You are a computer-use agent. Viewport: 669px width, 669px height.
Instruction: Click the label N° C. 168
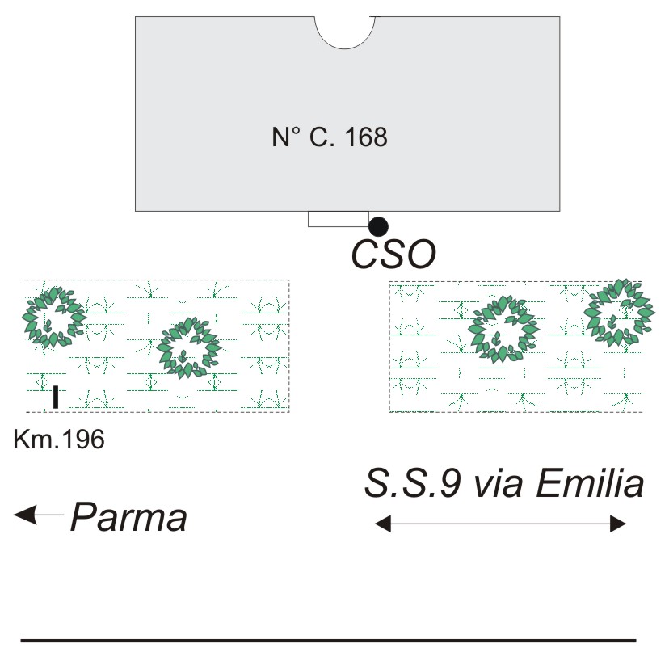tap(330, 137)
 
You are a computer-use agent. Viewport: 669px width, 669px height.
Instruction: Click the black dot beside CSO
tap(378, 226)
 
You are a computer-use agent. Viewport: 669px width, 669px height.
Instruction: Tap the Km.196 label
tap(59, 441)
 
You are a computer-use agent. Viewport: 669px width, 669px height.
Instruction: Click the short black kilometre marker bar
tap(55, 397)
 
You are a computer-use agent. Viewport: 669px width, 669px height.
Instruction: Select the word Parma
tap(128, 517)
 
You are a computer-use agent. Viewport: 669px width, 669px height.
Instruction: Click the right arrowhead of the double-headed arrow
tap(618, 524)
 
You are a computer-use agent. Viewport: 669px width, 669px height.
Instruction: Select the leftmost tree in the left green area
tap(53, 316)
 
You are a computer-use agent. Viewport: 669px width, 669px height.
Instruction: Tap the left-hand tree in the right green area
tap(504, 327)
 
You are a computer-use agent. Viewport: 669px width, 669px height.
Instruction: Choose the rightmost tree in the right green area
tap(620, 311)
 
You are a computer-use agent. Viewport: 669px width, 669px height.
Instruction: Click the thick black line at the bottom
tap(328, 641)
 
